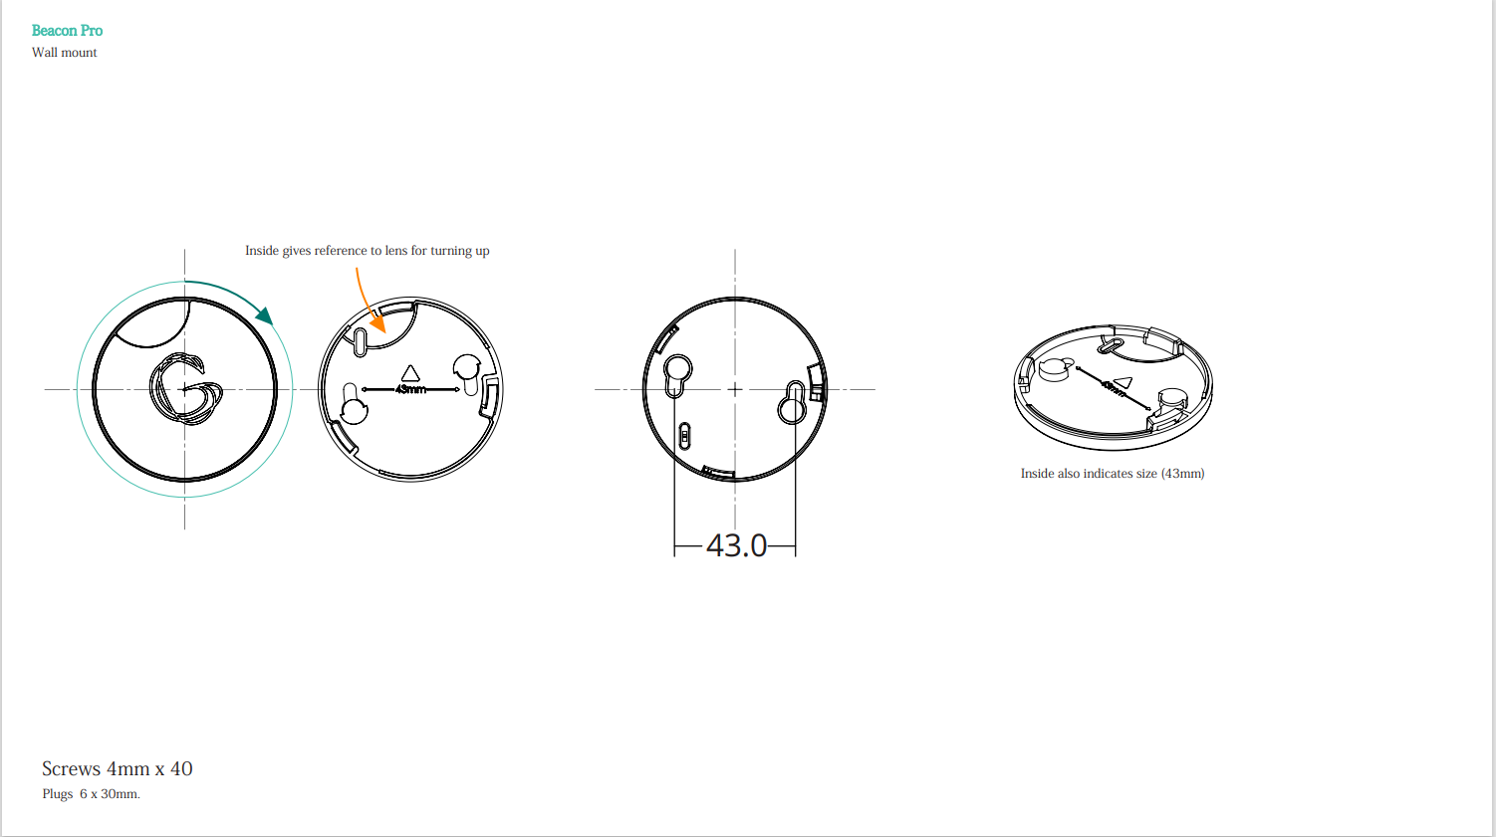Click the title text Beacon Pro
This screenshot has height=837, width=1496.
[x=67, y=31]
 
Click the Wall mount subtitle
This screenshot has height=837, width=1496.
[x=65, y=53]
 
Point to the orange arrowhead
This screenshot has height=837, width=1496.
[x=378, y=323]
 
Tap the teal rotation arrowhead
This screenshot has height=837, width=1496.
[x=264, y=315]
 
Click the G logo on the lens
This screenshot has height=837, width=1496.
[x=185, y=389]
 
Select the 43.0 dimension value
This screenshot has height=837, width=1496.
[x=736, y=545]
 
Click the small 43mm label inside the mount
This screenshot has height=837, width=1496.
[x=410, y=389]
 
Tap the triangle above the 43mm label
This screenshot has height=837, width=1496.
[x=410, y=374]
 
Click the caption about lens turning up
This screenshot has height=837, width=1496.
[x=368, y=251]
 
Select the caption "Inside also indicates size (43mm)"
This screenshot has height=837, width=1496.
[x=1113, y=474]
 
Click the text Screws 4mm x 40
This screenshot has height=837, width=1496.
[x=118, y=768]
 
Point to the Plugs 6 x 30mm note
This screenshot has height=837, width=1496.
[x=92, y=794]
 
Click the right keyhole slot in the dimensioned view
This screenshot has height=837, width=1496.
[x=794, y=401]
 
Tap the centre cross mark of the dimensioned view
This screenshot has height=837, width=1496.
[x=735, y=389]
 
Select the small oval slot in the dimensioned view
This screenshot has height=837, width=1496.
[x=684, y=436]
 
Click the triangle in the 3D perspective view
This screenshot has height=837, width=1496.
[x=1122, y=381]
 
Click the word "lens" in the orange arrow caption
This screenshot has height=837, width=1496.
[x=396, y=251]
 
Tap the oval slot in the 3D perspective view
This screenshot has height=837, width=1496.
[x=1108, y=345]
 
